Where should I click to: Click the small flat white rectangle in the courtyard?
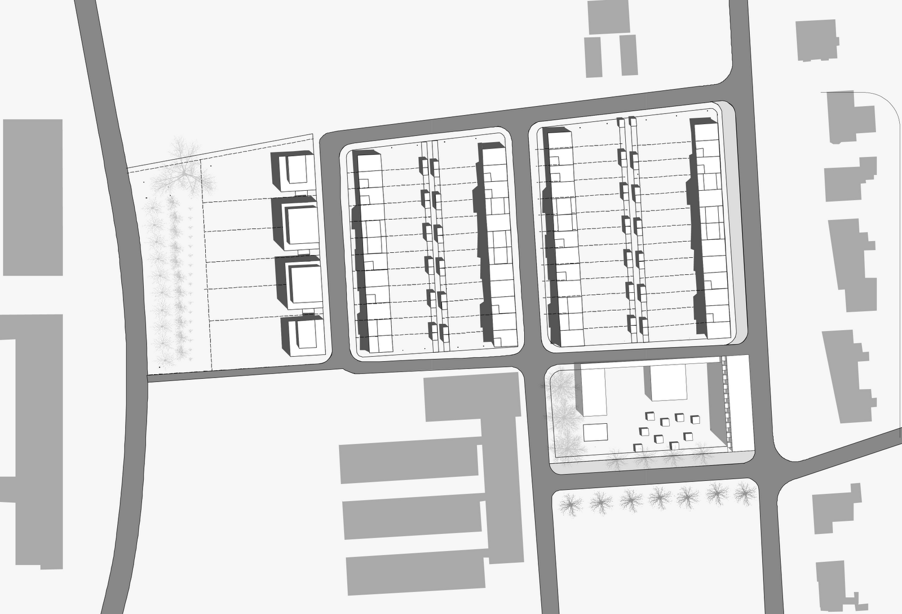[595, 433]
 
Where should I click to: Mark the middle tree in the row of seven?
[658, 498]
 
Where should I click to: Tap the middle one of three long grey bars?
[412, 519]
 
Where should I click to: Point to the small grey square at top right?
[816, 41]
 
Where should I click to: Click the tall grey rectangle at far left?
[33, 197]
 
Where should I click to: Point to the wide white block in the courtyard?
[669, 383]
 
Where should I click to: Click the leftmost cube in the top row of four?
[650, 418]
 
